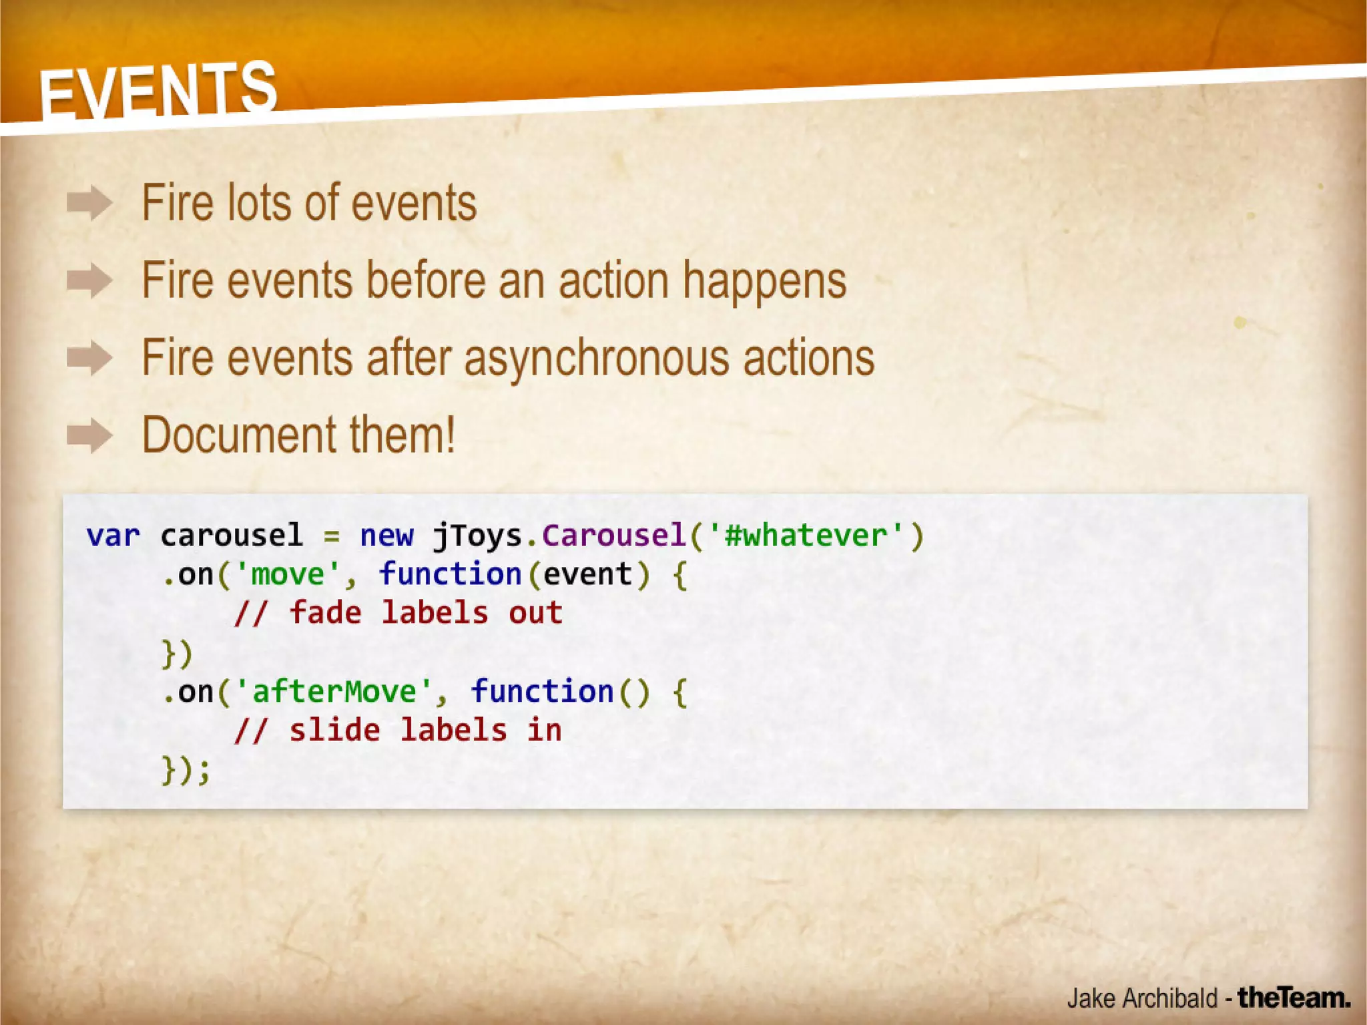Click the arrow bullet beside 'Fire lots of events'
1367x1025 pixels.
point(89,203)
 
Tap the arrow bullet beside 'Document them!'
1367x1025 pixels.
point(89,436)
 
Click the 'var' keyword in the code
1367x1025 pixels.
point(113,536)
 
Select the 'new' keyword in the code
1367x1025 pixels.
point(386,536)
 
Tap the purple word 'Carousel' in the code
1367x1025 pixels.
point(613,536)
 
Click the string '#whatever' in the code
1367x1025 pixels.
point(806,536)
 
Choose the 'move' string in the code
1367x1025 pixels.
point(287,575)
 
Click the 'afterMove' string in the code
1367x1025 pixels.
point(334,692)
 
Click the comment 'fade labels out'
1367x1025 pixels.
point(425,614)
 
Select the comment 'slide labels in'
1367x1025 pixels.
point(425,731)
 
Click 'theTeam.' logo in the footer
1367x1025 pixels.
point(1294,998)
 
